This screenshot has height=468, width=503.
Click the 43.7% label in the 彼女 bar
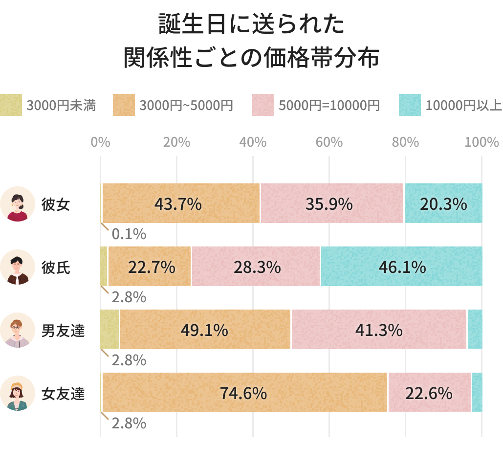coord(178,204)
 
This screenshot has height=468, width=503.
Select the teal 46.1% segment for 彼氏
coord(401,267)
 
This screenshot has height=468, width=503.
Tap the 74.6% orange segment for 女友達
coord(243,393)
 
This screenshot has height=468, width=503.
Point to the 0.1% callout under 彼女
coord(129,234)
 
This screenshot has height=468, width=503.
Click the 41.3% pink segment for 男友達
coord(379,330)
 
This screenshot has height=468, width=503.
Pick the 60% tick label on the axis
coord(329,142)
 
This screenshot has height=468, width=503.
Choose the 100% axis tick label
coord(481,142)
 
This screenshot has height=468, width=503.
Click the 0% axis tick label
coord(100,142)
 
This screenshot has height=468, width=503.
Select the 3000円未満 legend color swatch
coord(11,105)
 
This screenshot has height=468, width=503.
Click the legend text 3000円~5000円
coord(186,105)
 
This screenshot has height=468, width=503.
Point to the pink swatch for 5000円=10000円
coord(263,105)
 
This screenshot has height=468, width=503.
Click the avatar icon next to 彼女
coord(18,204)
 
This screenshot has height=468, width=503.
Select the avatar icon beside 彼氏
coord(18,267)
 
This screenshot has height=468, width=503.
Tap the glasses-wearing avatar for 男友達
coord(18,330)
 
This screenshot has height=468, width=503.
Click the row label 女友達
coord(63,393)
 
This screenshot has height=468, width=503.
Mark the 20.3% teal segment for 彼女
coord(443,204)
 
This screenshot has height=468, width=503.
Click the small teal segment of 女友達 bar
coord(477,393)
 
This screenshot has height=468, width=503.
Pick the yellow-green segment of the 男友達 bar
coord(109,330)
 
